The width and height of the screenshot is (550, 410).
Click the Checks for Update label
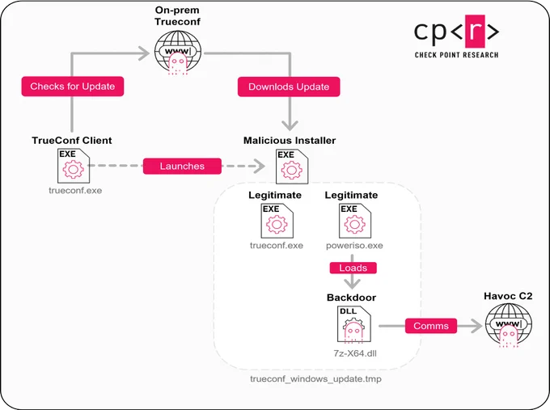click(x=73, y=87)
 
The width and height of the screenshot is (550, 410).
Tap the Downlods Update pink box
click(x=289, y=87)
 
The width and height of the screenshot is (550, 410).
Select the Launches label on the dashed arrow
click(x=182, y=166)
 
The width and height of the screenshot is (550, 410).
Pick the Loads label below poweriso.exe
click(x=353, y=268)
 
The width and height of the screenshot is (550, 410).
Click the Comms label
click(x=431, y=326)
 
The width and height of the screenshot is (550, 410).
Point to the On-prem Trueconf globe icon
click(x=178, y=53)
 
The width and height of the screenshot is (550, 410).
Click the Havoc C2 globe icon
click(x=508, y=325)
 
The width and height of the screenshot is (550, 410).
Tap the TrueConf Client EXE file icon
click(x=74, y=166)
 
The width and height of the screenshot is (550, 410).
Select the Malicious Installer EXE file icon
click(x=292, y=167)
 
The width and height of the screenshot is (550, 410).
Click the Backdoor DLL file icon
click(x=354, y=324)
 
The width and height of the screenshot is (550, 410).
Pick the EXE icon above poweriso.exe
click(x=354, y=221)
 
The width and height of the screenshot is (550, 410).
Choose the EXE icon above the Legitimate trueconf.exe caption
click(x=277, y=221)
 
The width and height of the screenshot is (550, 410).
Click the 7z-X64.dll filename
click(x=355, y=353)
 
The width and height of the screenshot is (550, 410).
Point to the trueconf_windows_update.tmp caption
click(x=315, y=378)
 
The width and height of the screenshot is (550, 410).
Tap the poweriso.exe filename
click(x=354, y=246)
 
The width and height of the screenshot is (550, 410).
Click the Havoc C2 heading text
click(x=508, y=296)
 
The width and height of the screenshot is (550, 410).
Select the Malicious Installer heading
click(x=290, y=140)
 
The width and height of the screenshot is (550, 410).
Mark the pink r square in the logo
click(x=475, y=32)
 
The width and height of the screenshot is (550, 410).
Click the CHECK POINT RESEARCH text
click(x=456, y=55)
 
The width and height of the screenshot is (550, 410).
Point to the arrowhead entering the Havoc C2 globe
click(x=477, y=326)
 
